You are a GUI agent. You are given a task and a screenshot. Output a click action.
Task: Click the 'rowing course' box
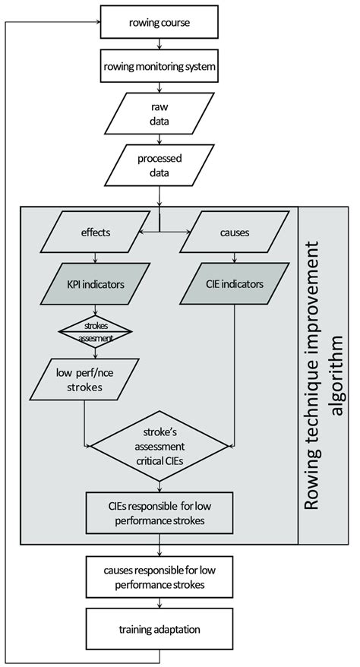coord(159,22)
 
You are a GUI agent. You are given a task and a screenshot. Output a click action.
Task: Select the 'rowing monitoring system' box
coord(159,67)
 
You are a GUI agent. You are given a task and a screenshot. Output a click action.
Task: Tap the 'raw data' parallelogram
coord(159,115)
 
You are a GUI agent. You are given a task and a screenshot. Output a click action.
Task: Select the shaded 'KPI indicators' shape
coord(95,283)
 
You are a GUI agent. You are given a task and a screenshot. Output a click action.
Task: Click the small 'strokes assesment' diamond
coord(95,330)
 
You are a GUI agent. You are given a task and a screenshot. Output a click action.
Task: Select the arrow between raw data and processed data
coord(159,141)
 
